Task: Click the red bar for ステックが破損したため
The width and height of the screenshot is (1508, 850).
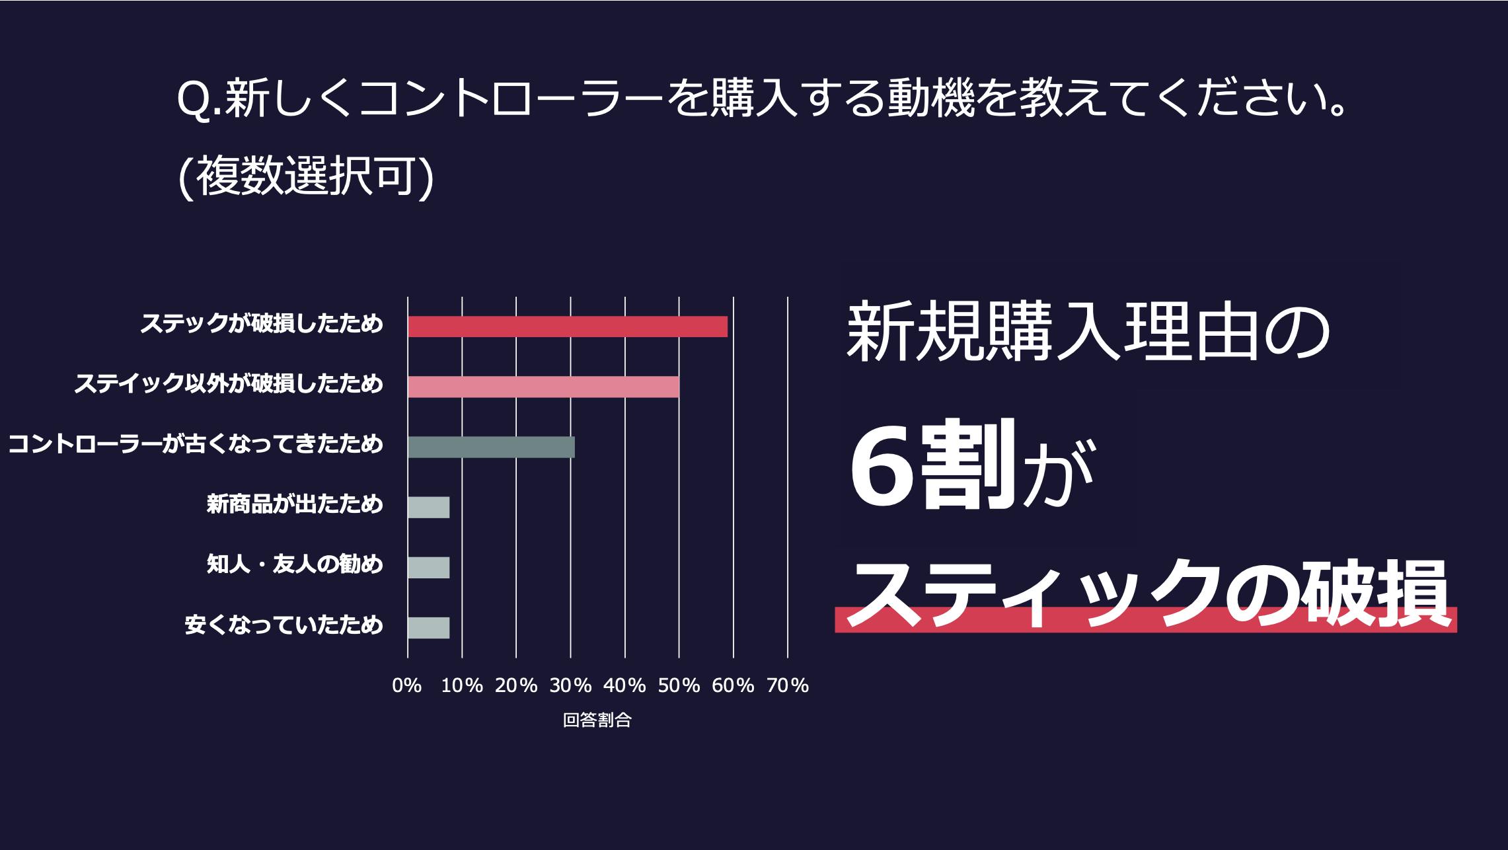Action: pos(567,327)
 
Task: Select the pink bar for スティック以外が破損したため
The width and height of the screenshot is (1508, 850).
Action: pos(543,387)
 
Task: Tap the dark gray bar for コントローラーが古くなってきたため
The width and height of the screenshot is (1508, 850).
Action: pos(491,447)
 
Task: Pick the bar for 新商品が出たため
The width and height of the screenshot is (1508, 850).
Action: pos(428,507)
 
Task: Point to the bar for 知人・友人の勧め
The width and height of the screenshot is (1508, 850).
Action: pos(428,567)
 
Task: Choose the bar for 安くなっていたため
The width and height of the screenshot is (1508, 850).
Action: pos(428,627)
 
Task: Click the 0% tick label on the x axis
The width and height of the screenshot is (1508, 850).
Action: pos(407,686)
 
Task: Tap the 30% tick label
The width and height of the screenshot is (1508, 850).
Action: pos(570,686)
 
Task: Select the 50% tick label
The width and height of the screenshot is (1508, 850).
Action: pos(679,686)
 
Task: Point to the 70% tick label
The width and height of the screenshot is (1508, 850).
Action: pos(787,686)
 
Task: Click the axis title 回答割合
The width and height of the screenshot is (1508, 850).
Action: pos(597,720)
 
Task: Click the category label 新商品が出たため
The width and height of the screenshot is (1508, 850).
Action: pos(295,505)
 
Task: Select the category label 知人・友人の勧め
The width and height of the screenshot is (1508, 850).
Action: pos(295,565)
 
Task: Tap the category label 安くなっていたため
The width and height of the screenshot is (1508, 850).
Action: pos(284,625)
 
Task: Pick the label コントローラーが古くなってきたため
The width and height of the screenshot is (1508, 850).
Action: pos(196,444)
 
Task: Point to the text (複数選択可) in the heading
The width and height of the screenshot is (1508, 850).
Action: pos(306,177)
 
